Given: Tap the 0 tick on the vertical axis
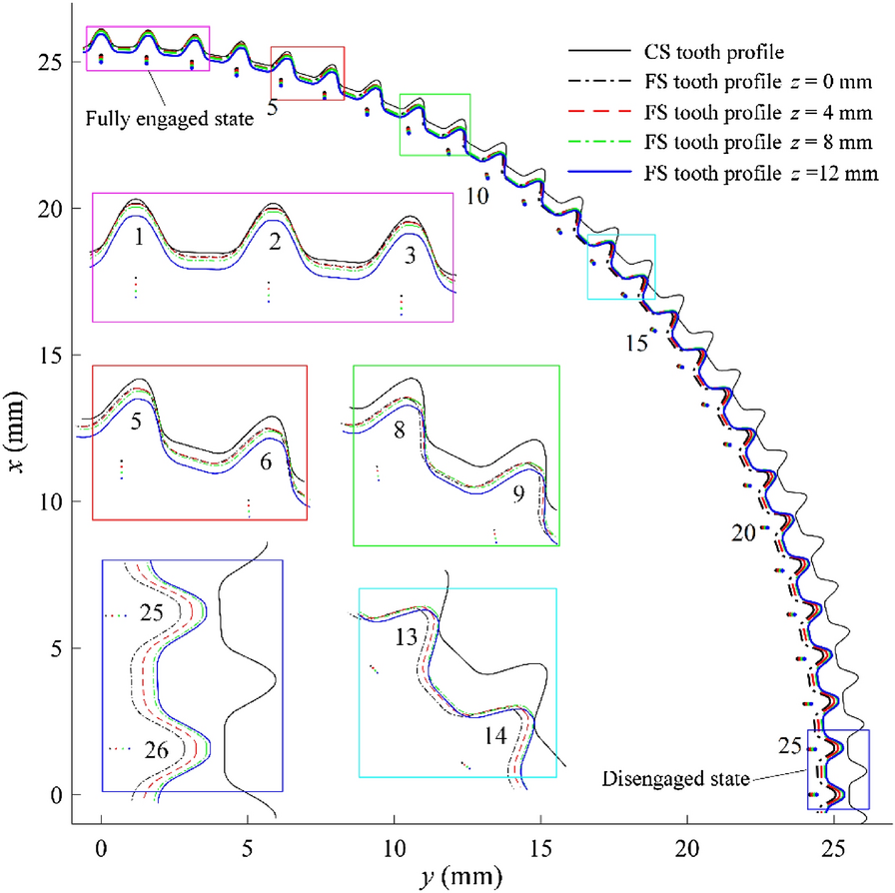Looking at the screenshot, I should pyautogui.click(x=60, y=795).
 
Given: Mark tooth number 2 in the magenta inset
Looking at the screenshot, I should pyautogui.click(x=274, y=241).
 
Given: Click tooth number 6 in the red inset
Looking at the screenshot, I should pyautogui.click(x=267, y=463).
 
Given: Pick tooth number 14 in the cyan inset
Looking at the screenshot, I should pyautogui.click(x=496, y=736).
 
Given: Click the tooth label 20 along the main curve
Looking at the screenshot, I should pyautogui.click(x=742, y=534).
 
